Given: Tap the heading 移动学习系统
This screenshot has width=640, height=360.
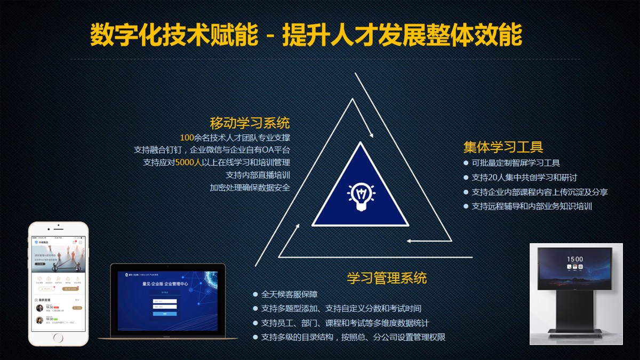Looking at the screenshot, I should (x=250, y=123).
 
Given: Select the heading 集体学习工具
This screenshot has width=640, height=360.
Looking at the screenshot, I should (x=503, y=147).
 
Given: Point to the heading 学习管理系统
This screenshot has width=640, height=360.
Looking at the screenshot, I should (x=387, y=278).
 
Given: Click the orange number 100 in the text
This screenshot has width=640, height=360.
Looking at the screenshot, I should (x=187, y=137).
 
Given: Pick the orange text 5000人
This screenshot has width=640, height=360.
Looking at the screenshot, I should (x=189, y=162).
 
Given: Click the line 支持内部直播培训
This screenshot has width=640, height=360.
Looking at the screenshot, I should (x=258, y=175).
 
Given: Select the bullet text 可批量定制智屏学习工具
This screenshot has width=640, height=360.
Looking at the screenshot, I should (x=516, y=163).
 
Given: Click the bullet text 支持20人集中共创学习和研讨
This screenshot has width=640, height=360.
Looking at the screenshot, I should (x=524, y=178).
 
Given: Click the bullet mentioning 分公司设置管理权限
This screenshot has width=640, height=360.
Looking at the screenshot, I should (x=353, y=337).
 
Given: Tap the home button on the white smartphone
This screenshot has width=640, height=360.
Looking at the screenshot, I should (x=58, y=338).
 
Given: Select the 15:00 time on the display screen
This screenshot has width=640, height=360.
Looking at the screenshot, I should (x=575, y=259).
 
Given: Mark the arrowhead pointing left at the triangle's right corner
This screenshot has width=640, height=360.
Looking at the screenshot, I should (x=410, y=241).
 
